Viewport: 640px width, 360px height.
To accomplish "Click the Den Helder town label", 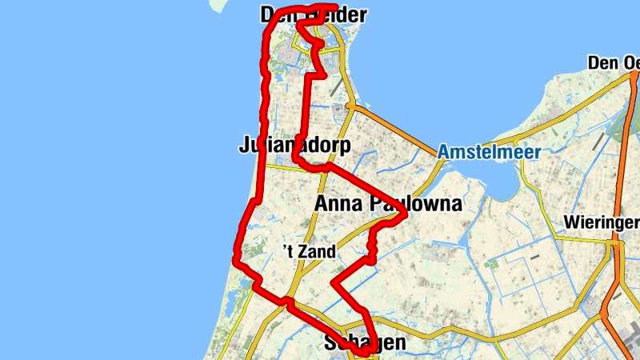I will point(314,15).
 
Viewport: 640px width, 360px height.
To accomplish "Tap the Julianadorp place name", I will point(294,146).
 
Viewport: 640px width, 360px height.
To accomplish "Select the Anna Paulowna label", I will point(388,204).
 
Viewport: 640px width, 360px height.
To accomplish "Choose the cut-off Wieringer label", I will point(601,221).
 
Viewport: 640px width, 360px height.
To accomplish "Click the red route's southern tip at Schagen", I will point(365,352).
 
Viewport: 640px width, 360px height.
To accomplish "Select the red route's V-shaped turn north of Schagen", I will point(334,282).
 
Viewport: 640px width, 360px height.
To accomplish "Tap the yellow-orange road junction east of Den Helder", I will point(350,106).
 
